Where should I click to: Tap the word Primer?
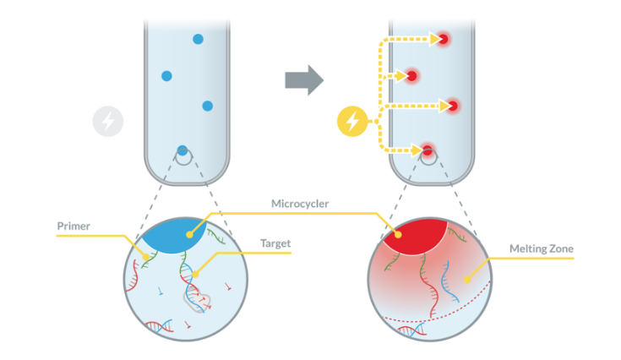pos(74,226)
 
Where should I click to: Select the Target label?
pos(275,244)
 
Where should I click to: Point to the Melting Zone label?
pos(542,248)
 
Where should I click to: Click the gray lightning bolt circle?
pos(108,122)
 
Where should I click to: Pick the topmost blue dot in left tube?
pos(198,39)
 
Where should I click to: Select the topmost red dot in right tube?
pos(442,39)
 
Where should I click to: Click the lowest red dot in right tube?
pos(428,151)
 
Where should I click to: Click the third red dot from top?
pos(452,106)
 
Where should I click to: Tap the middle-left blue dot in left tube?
pos(166,76)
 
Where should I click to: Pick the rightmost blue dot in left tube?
pos(207,106)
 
